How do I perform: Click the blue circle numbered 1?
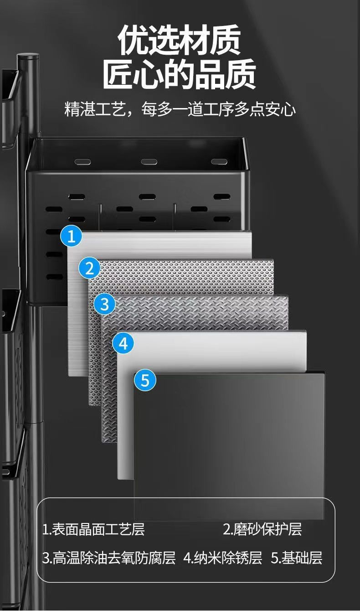71,236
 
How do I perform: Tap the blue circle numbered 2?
89,268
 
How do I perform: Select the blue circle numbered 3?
105,304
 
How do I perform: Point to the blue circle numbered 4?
123,343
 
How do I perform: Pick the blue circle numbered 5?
145,380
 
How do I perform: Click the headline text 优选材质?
180,40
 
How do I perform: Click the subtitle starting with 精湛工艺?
180,109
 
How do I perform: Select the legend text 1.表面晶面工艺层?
93,529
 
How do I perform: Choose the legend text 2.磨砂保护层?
262,529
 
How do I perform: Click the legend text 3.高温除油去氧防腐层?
109,558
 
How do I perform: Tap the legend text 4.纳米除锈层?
223,558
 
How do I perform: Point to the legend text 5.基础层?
297,558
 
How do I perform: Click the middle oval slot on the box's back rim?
149,162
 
